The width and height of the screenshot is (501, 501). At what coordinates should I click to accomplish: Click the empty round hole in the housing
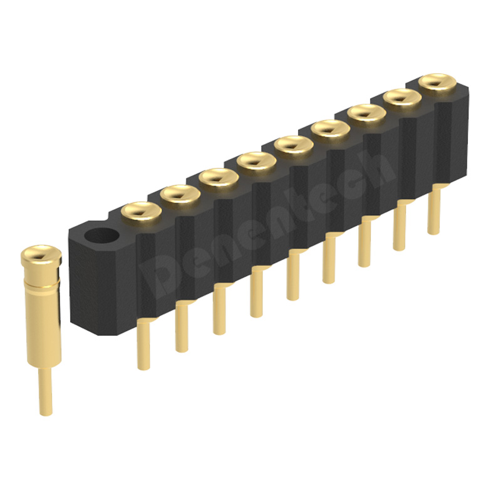101,237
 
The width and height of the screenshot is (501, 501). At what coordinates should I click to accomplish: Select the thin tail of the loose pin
44,391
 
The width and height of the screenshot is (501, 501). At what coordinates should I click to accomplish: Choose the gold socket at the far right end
436,81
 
